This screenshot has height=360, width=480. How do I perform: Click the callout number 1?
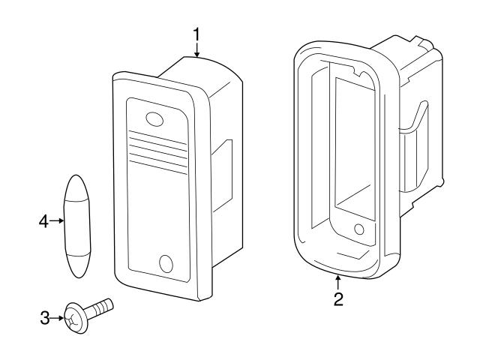tap(197, 34)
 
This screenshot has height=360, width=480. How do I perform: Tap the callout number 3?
tap(44, 318)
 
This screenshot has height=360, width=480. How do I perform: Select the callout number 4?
tap(43, 221)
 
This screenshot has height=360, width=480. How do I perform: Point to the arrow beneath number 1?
tap(197, 49)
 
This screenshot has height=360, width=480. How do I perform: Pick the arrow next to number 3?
tap(58, 318)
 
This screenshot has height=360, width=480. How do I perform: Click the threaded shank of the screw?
tap(101, 307)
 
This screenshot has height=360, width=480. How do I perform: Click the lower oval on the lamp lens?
tap(166, 263)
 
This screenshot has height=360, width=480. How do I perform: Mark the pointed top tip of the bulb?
tap(76, 177)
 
